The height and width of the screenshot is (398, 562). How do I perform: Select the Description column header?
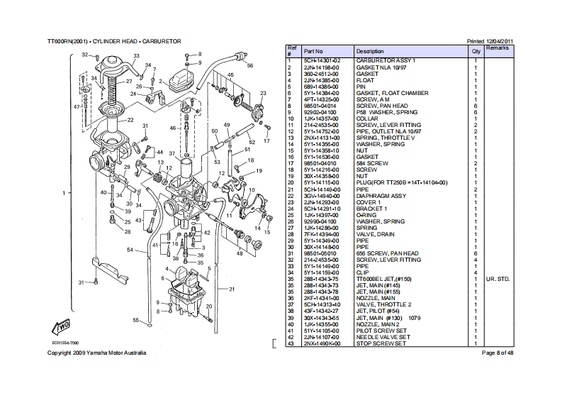pos(370,52)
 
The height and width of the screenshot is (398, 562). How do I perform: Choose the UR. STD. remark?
pos(499,280)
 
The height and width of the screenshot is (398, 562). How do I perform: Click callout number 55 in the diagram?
pos(135,321)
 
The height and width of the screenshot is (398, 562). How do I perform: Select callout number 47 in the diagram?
pos(76,106)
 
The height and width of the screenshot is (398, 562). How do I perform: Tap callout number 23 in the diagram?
pos(263,94)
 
